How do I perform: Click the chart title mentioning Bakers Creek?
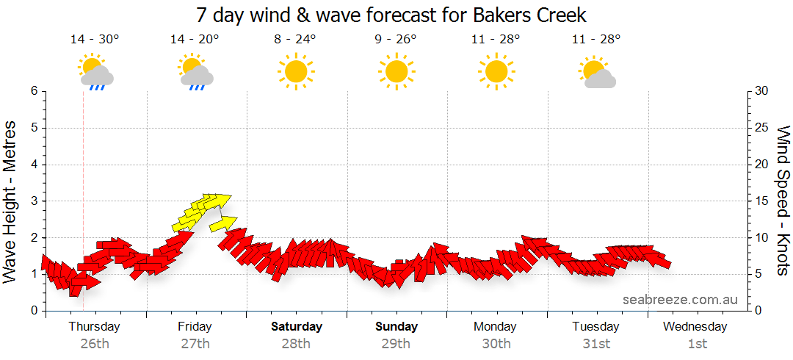(x=391, y=15)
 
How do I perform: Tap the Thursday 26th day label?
(x=95, y=334)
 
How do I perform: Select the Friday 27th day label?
(x=195, y=334)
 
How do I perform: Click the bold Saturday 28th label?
(x=297, y=334)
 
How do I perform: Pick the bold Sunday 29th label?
(x=396, y=334)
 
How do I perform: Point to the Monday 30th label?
(x=496, y=334)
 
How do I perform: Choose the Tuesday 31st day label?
(x=596, y=334)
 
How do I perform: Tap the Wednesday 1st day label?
(x=696, y=334)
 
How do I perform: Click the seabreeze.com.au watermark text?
(x=680, y=300)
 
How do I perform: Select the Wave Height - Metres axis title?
(x=10, y=201)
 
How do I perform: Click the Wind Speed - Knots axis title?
(x=783, y=201)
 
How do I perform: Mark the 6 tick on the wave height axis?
(x=33, y=91)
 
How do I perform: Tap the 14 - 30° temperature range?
(x=95, y=40)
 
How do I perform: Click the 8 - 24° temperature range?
(x=295, y=40)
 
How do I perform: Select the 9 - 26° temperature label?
(x=395, y=40)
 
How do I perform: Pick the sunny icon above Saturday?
(x=296, y=71)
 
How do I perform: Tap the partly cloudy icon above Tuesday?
(x=596, y=72)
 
